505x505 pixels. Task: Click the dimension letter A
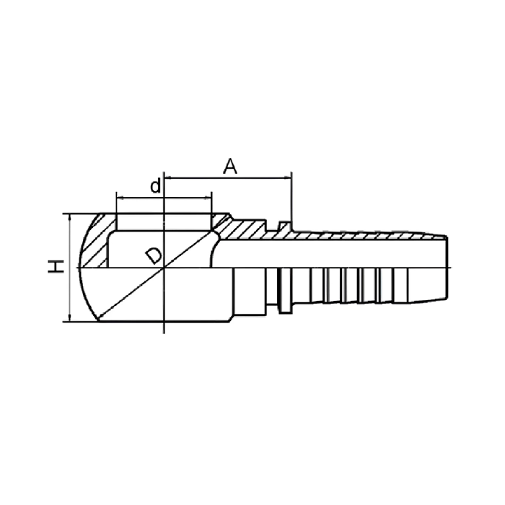tap(230, 166)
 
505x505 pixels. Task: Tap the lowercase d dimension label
tap(156, 186)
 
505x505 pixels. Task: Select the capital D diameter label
tap(154, 255)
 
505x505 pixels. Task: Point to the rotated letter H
tap(56, 267)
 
